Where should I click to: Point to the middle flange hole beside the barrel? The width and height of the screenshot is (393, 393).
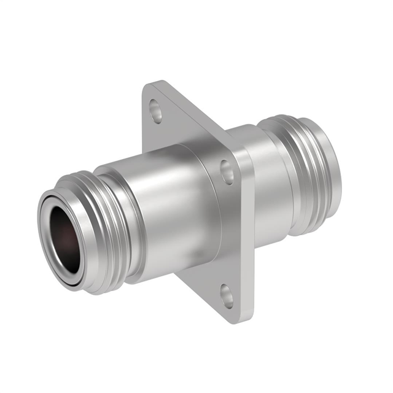click(x=227, y=171)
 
